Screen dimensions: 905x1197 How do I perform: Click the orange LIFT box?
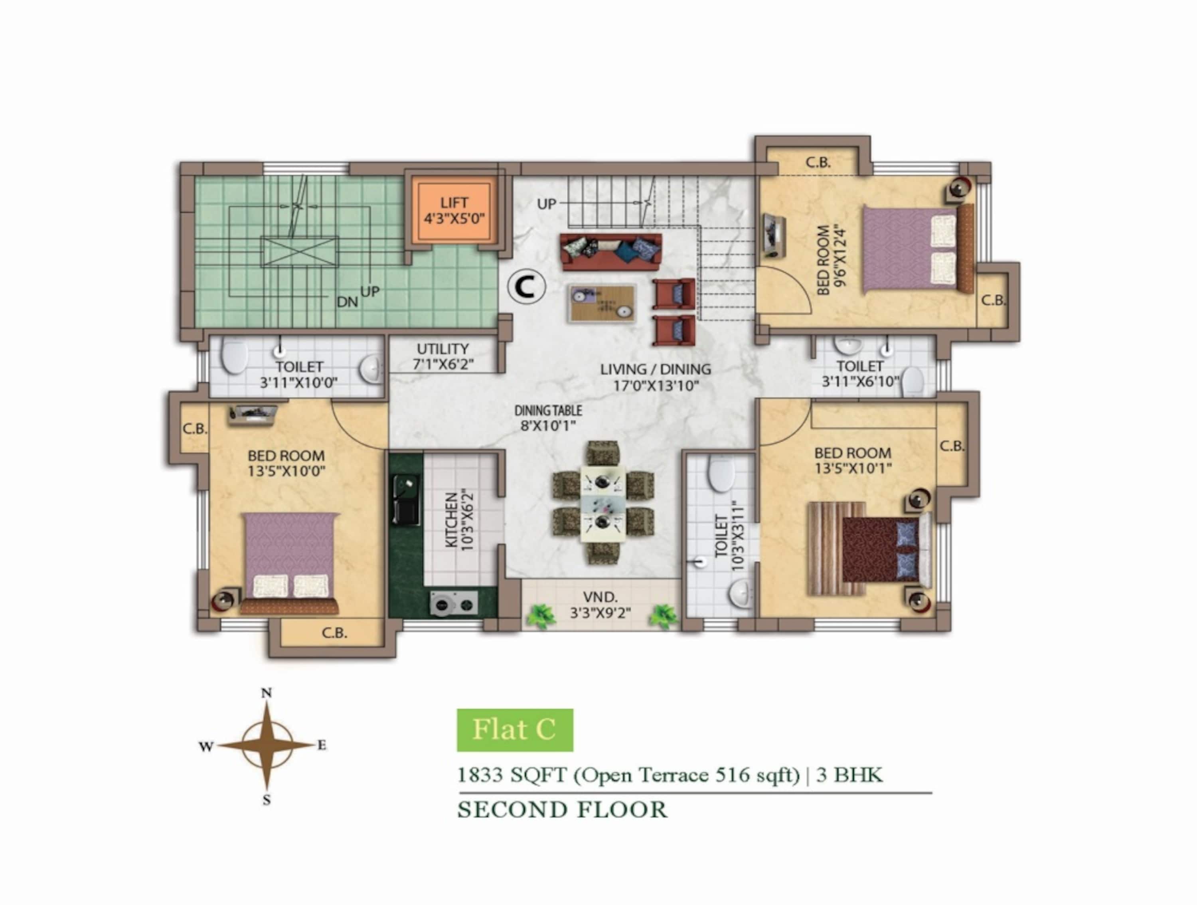click(x=454, y=211)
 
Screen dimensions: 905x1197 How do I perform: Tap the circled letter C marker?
click(x=526, y=287)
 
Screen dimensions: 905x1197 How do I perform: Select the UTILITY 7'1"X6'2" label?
click(x=442, y=356)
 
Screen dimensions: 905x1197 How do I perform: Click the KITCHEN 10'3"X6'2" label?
click(x=459, y=520)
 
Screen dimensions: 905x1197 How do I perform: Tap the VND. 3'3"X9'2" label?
click(x=600, y=605)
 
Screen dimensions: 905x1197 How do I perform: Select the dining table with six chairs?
click(x=603, y=504)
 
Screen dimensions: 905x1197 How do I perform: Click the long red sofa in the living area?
click(x=610, y=252)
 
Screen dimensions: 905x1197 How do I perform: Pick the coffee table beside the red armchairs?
click(x=602, y=303)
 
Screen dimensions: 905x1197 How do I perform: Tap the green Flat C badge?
click(x=515, y=730)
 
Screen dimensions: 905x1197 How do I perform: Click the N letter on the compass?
click(x=266, y=693)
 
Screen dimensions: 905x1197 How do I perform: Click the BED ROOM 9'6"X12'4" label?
click(x=831, y=260)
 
